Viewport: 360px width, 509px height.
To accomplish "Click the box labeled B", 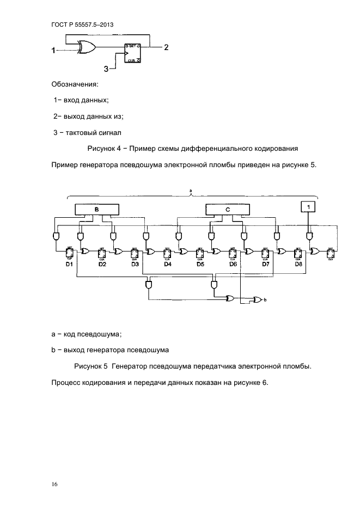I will [97, 209].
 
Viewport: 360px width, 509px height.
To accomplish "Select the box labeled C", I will [228, 209].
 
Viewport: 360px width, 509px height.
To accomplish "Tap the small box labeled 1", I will [309, 207].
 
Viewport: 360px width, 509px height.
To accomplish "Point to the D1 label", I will [69, 264].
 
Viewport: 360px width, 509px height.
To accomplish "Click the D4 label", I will [168, 264].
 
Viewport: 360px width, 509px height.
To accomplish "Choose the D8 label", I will [298, 264].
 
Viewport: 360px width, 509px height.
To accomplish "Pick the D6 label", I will [233, 264].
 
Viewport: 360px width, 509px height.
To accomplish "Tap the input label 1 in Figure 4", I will [53, 51].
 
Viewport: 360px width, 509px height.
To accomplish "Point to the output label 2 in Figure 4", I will [166, 47].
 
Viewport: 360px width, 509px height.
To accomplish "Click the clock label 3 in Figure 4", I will [107, 68].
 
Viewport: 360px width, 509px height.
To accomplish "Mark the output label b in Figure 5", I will [265, 300].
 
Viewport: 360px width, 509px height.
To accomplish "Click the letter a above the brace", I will [191, 191].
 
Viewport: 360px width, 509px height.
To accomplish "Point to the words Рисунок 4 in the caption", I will [104, 148].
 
